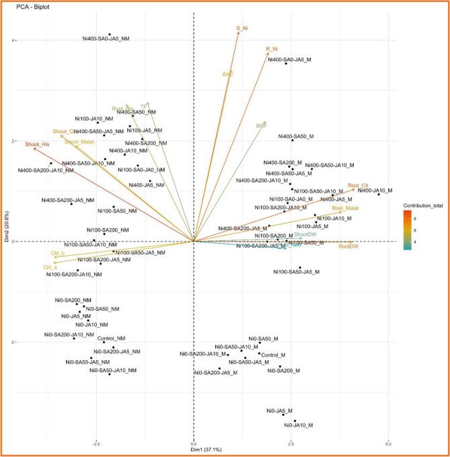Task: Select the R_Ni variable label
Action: click(x=272, y=49)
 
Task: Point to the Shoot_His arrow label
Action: click(x=38, y=145)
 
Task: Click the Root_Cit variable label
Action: click(x=357, y=185)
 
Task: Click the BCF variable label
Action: click(x=262, y=125)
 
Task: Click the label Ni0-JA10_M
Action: click(x=299, y=425)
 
